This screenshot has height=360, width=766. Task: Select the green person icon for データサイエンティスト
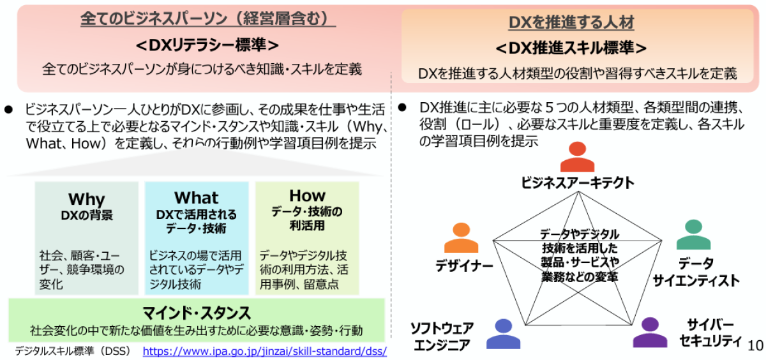693,235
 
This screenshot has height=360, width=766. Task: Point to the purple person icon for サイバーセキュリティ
649,332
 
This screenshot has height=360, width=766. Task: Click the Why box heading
86,199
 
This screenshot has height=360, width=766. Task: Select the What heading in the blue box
196,198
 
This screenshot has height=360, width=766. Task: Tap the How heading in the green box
307,195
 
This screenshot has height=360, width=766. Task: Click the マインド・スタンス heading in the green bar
197,313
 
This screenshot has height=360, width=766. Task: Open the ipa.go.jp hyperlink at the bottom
264,351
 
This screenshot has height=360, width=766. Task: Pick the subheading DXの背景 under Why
87,215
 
